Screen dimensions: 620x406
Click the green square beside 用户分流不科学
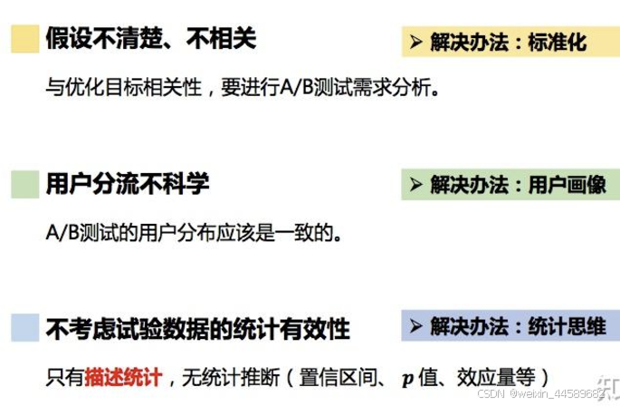tap(24, 184)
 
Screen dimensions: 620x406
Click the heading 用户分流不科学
tap(128, 184)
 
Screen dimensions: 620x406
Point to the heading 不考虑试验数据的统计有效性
tap(197, 328)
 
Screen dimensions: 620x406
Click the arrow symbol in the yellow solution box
tap(416, 42)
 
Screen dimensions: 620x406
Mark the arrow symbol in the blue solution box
tap(416, 325)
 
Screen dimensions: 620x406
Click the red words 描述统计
tap(124, 375)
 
